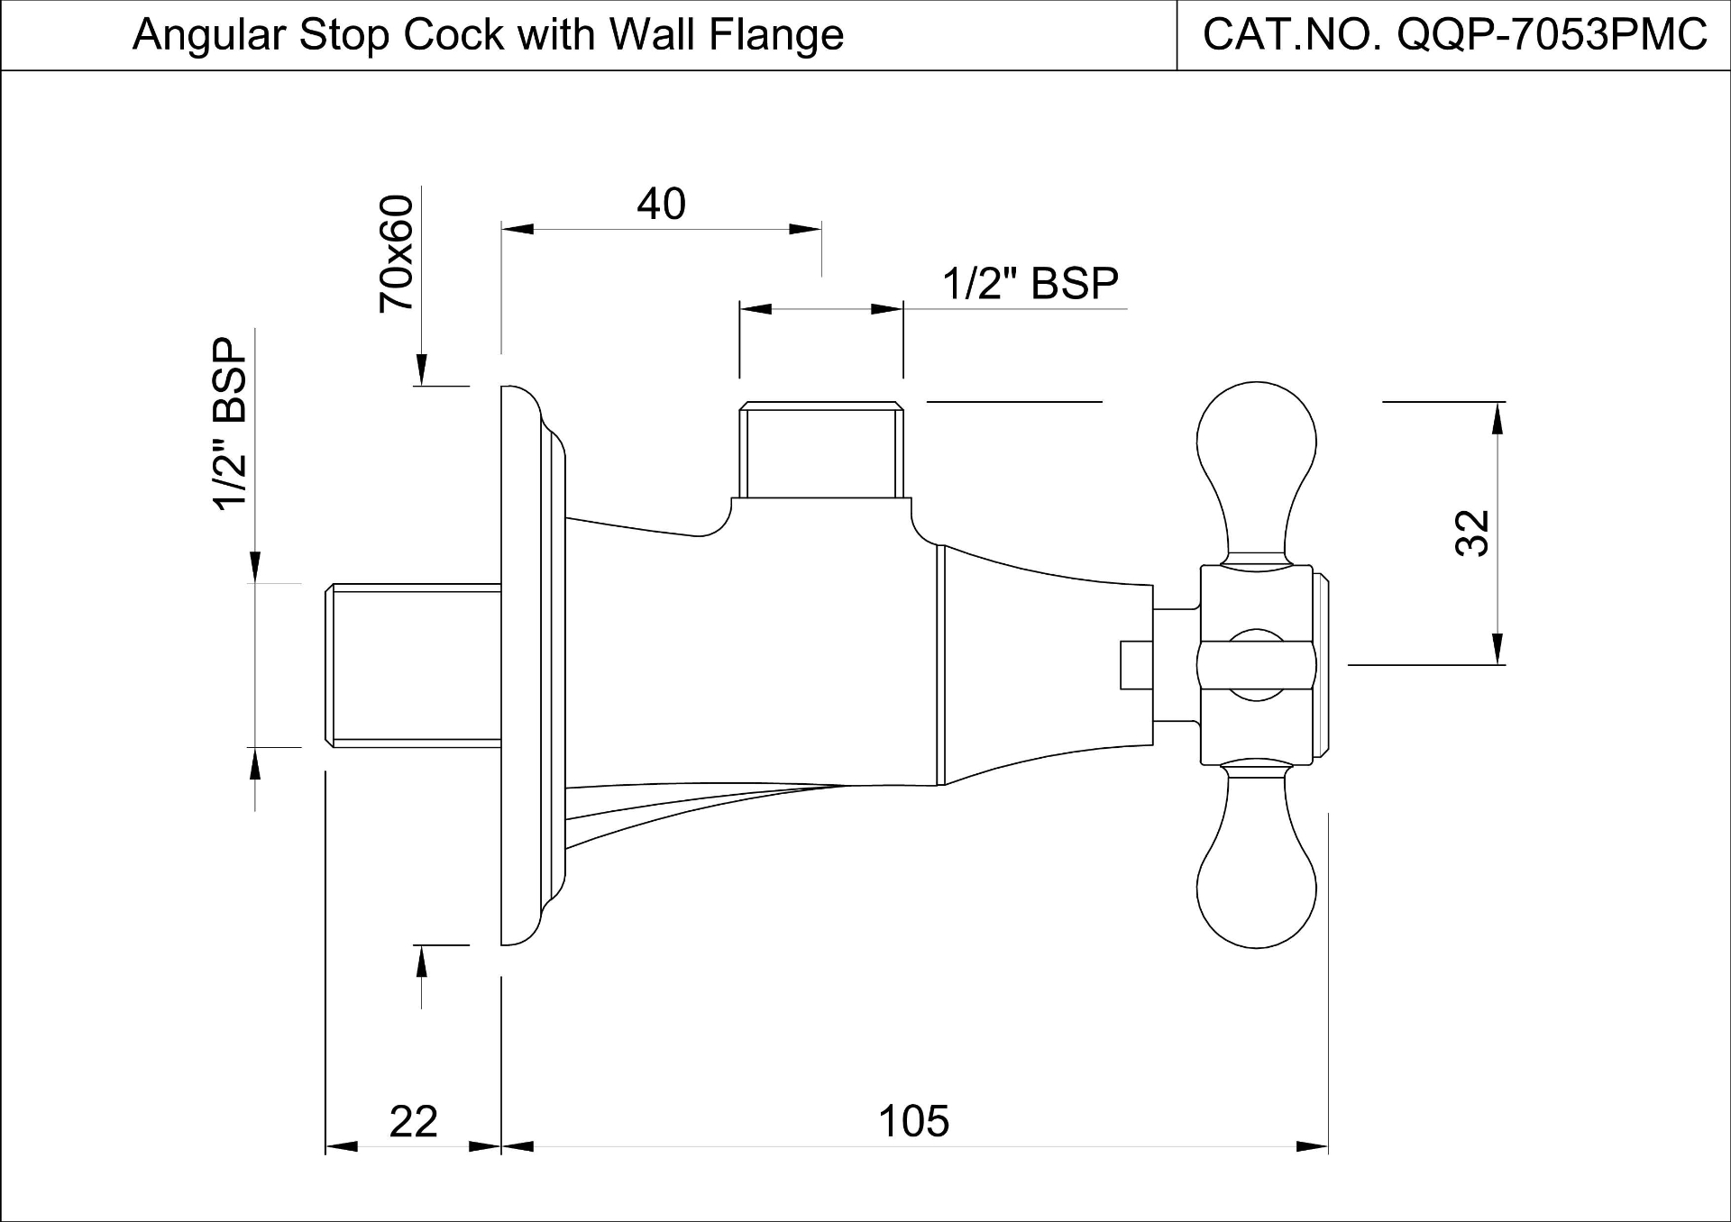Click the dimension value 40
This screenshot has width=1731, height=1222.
click(661, 205)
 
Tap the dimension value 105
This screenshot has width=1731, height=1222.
click(913, 1122)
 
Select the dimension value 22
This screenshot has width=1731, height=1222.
click(413, 1122)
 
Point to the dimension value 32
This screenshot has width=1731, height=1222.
click(1472, 533)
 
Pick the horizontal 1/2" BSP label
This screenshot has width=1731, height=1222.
click(1030, 284)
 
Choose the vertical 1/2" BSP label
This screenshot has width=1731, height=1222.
click(230, 424)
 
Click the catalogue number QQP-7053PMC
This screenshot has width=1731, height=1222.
click(1550, 35)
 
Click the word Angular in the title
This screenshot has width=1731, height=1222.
click(208, 35)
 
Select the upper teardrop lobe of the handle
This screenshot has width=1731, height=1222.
click(1256, 451)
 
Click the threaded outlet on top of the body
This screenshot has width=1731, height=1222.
click(820, 451)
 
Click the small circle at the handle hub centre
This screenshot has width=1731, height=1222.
click(1256, 665)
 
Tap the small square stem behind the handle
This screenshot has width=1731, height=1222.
click(1137, 665)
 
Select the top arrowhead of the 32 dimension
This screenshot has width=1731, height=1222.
click(1497, 416)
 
